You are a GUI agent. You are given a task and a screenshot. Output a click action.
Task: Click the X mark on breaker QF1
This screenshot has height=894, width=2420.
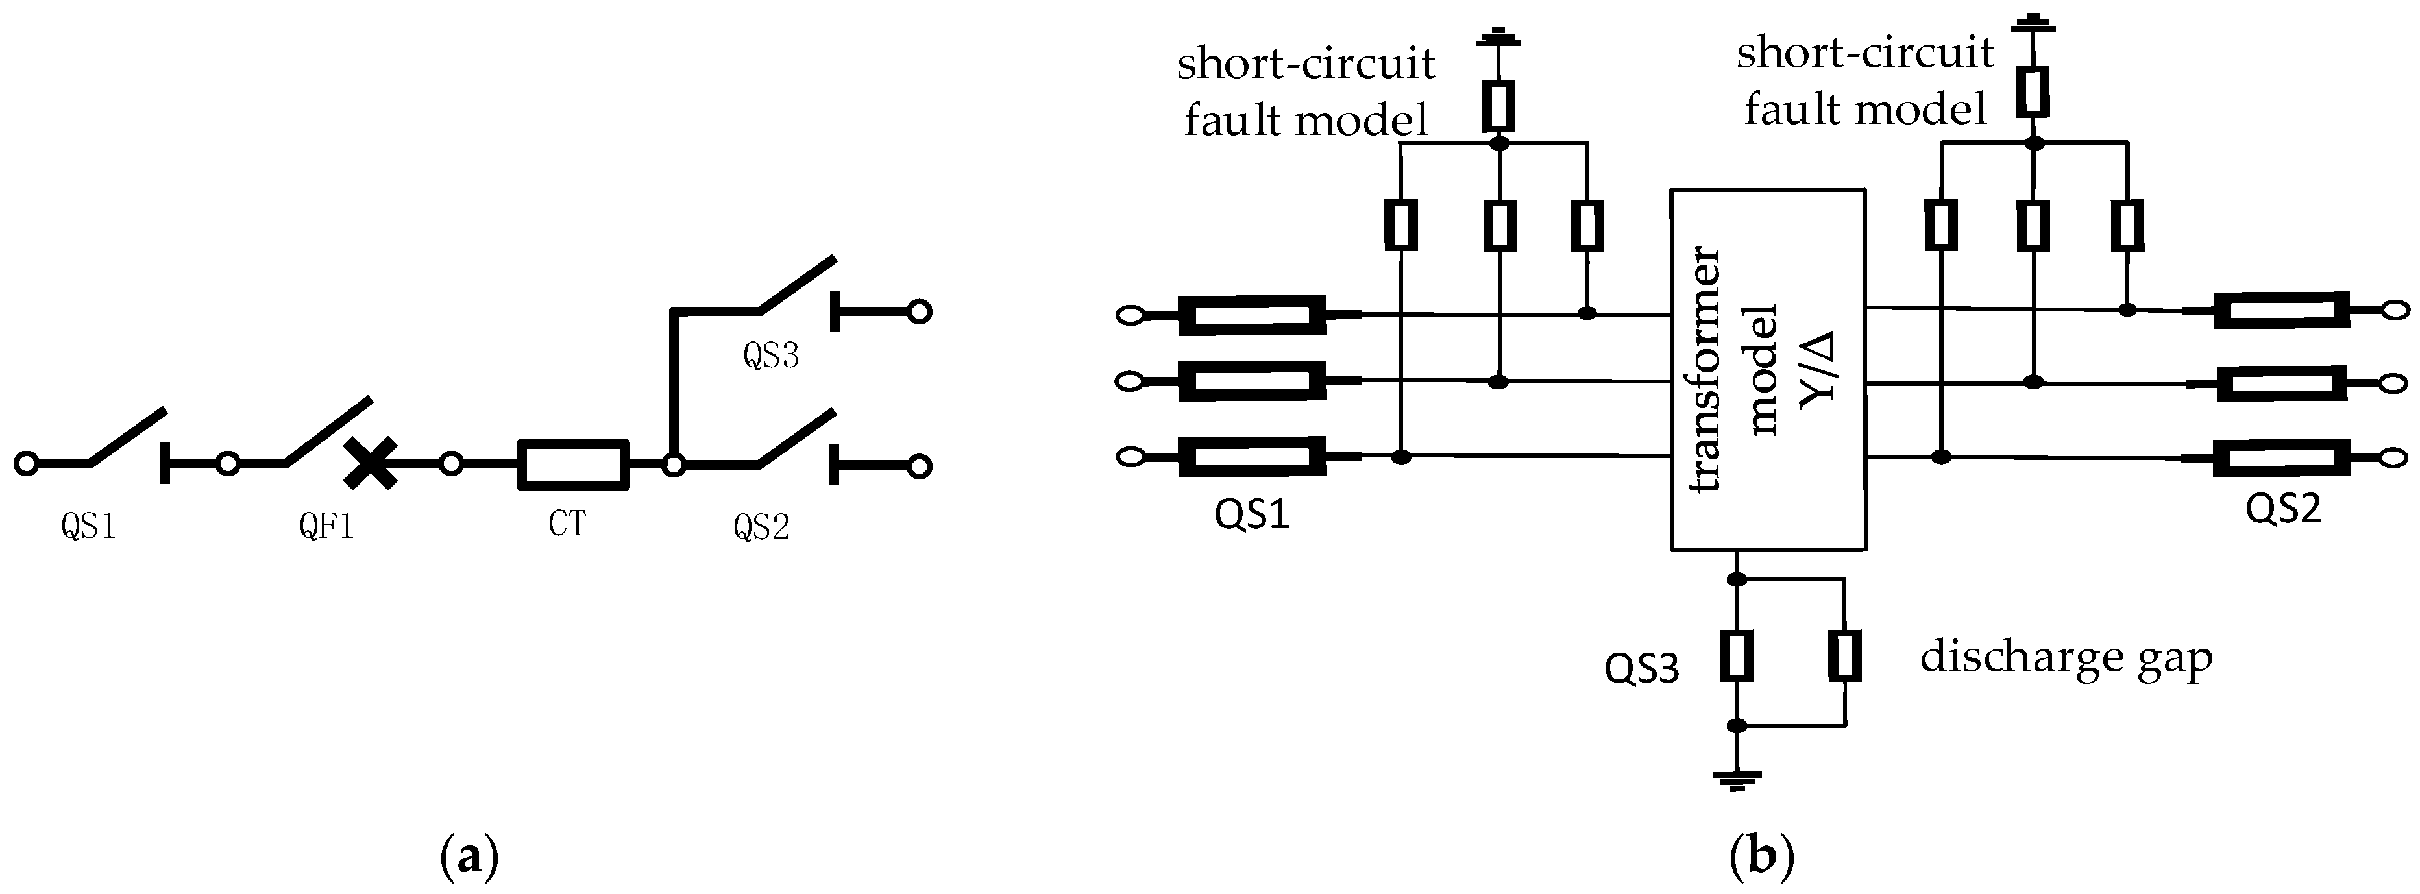click(370, 464)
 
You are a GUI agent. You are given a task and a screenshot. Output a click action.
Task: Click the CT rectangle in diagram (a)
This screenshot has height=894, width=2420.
click(573, 464)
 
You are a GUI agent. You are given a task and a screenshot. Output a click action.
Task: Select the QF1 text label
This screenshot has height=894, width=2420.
click(326, 527)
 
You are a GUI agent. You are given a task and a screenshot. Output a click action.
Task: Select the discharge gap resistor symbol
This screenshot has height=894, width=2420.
click(1844, 655)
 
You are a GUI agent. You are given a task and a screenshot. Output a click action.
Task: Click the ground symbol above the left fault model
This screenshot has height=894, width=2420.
click(1498, 40)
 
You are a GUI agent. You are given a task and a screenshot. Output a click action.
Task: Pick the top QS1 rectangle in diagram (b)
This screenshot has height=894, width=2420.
click(1253, 315)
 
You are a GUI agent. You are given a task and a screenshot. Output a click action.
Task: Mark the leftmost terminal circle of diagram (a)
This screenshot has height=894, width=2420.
click(27, 463)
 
